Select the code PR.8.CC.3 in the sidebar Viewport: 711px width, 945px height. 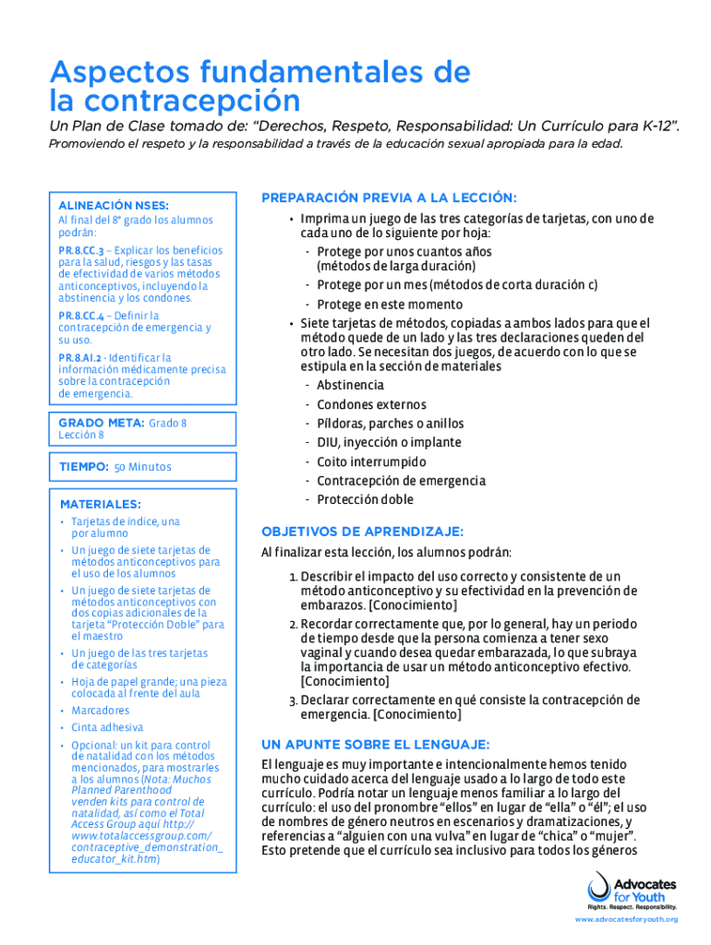pyautogui.click(x=79, y=250)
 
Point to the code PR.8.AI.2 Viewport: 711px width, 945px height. pyautogui.click(x=78, y=358)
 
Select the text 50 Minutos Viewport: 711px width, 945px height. pyautogui.click(x=142, y=468)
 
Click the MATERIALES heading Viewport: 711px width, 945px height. pyautogui.click(x=100, y=505)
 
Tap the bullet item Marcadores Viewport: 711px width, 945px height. pyautogui.click(x=100, y=711)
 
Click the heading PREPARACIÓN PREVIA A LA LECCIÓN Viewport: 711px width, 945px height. pyautogui.click(x=389, y=197)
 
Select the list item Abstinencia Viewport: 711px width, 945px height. pyautogui.click(x=350, y=385)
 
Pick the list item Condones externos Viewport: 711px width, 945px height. pyautogui.click(x=371, y=404)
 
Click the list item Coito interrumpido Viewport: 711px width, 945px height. pyautogui.click(x=371, y=461)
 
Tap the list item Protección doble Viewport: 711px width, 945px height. pyautogui.click(x=365, y=499)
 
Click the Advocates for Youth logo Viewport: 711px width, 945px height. pyautogui.click(x=632, y=890)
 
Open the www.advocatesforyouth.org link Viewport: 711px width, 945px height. pyautogui.click(x=626, y=920)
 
